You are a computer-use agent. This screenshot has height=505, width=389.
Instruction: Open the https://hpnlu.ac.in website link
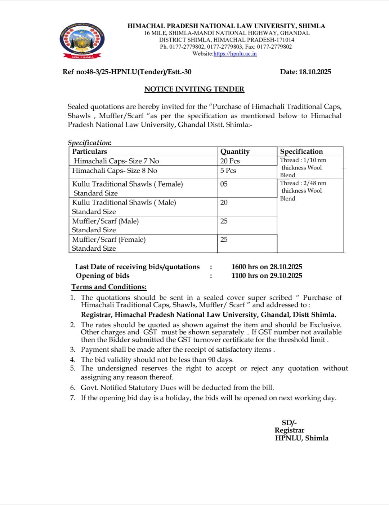pyautogui.click(x=235, y=54)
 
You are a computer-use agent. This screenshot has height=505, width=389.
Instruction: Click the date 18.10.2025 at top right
pyautogui.click(x=315, y=72)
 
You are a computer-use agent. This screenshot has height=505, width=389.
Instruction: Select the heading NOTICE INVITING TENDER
pyautogui.click(x=194, y=89)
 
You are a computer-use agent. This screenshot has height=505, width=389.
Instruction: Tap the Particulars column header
pyautogui.click(x=90, y=151)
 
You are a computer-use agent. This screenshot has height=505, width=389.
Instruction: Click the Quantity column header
pyautogui.click(x=235, y=151)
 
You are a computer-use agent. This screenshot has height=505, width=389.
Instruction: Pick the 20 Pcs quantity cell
pyautogui.click(x=230, y=161)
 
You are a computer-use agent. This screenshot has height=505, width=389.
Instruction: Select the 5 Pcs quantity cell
pyautogui.click(x=228, y=171)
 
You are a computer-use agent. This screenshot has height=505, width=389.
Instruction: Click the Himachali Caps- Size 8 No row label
pyautogui.click(x=115, y=171)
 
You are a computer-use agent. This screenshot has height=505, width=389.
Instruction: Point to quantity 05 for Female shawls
pyautogui.click(x=224, y=184)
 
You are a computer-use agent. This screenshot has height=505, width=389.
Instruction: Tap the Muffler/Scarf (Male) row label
pyautogui.click(x=105, y=221)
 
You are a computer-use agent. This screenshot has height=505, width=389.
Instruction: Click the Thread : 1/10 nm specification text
pyautogui.click(x=303, y=160)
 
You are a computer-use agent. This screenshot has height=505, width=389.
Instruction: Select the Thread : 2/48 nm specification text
pyautogui.click(x=303, y=183)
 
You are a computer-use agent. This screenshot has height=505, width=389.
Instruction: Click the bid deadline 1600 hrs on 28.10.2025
pyautogui.click(x=267, y=267)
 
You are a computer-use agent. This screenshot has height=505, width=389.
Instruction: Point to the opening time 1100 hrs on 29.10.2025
pyautogui.click(x=267, y=276)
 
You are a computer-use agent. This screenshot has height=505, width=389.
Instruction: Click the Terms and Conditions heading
pyautogui.click(x=109, y=287)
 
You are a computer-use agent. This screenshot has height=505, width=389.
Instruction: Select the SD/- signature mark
pyautogui.click(x=289, y=423)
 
